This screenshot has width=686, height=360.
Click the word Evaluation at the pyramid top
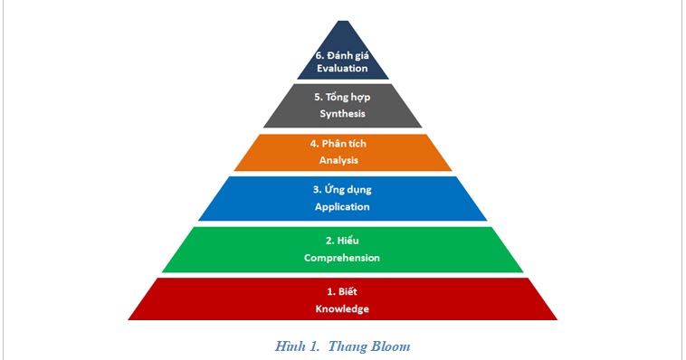click(342, 68)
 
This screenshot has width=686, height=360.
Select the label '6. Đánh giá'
click(342, 54)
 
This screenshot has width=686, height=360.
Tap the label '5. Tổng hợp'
click(342, 98)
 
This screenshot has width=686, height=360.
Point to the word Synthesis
click(342, 114)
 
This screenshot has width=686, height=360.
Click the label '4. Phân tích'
click(342, 144)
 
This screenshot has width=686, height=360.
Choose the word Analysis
click(342, 160)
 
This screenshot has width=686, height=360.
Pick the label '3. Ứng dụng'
click(342, 190)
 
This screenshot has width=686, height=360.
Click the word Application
click(342, 207)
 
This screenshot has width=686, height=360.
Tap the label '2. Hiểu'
click(342, 241)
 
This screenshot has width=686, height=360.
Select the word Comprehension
click(342, 258)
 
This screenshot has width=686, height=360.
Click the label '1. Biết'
click(342, 291)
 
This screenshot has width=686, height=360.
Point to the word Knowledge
click(342, 308)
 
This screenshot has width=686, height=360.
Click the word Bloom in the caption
click(391, 346)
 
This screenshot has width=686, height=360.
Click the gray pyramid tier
click(290, 106)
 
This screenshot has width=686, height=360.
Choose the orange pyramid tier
click(272, 152)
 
